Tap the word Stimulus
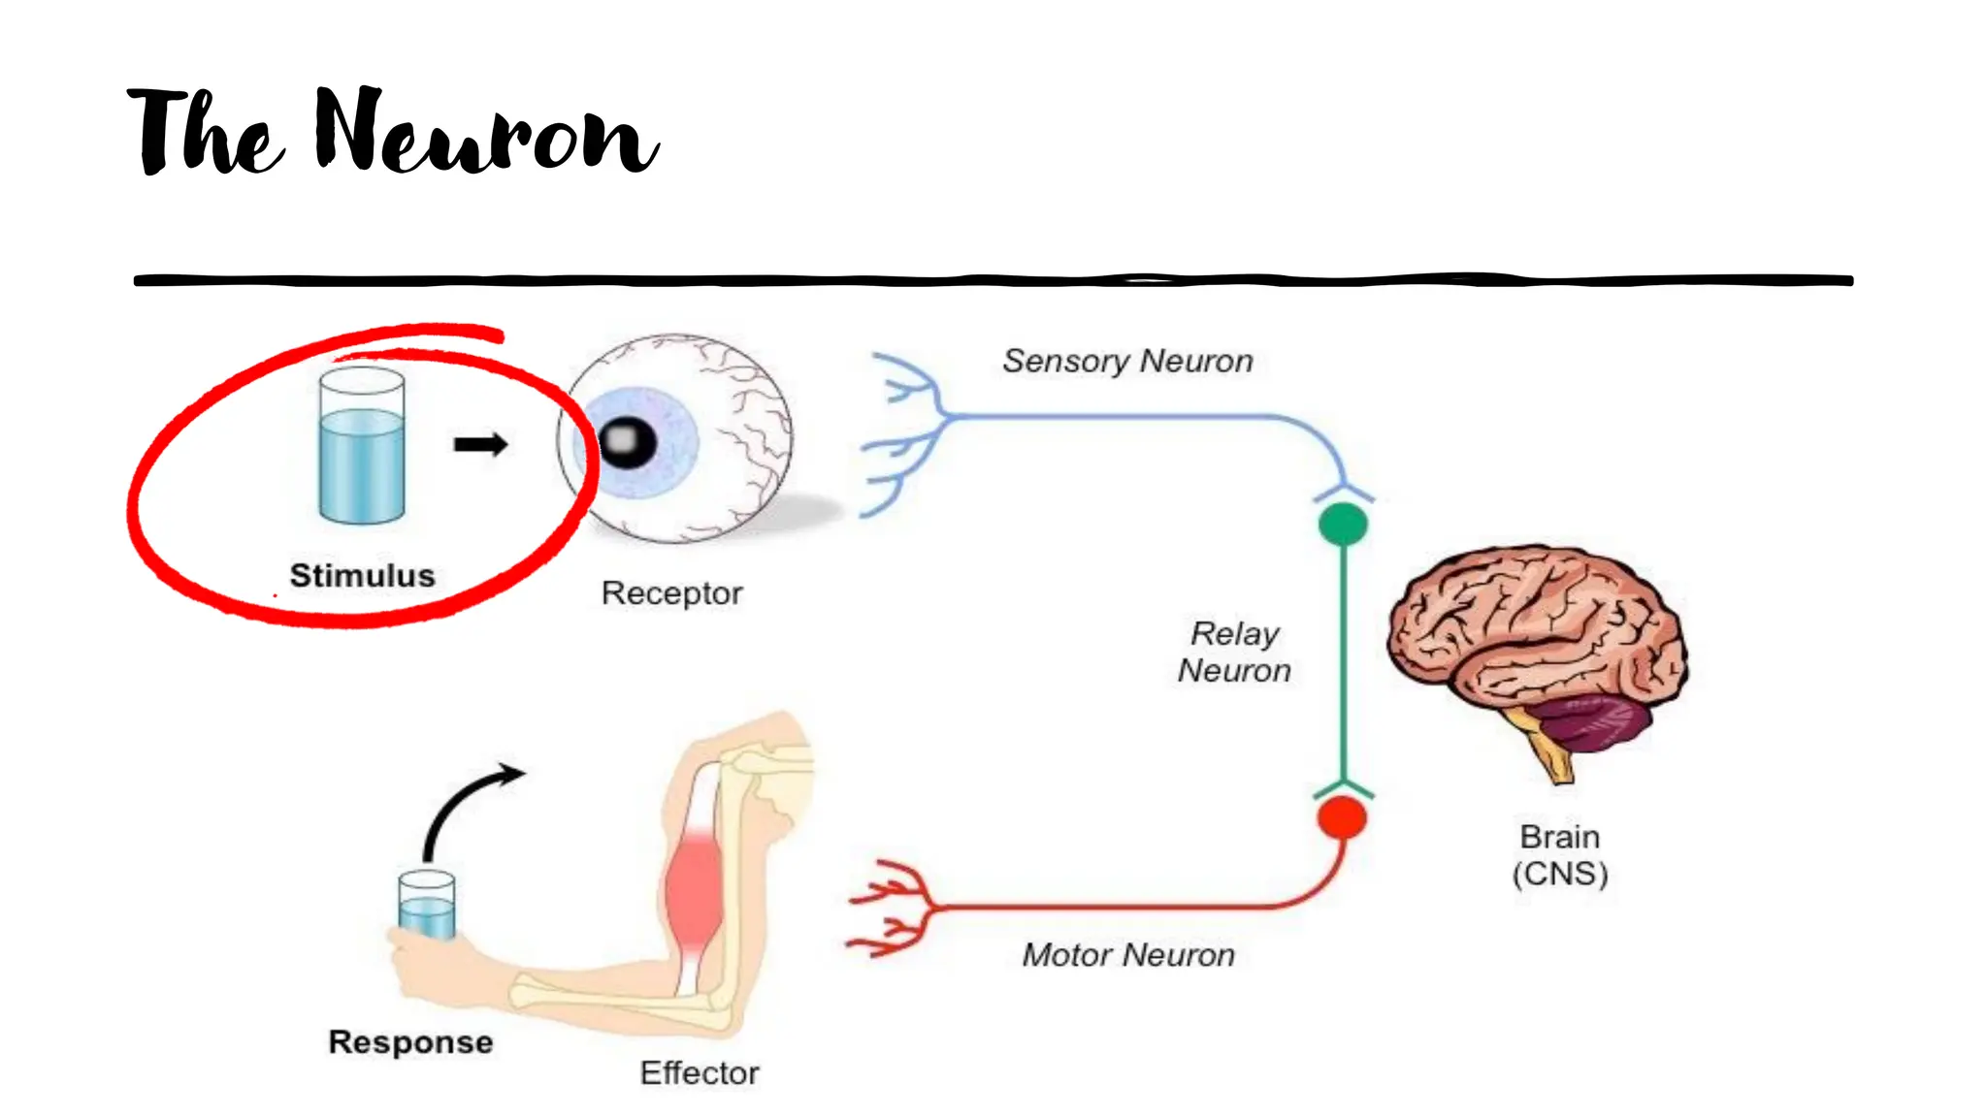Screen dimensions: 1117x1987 click(x=362, y=575)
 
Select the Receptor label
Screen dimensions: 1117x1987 click(x=671, y=592)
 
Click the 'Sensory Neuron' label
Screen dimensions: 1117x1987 click(x=1127, y=361)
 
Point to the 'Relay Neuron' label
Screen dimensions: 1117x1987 click(x=1234, y=652)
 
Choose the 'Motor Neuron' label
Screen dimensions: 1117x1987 click(x=1128, y=955)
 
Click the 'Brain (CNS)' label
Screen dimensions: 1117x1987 click(x=1559, y=855)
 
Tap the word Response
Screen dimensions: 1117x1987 click(x=410, y=1042)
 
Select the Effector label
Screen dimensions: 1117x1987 click(x=699, y=1072)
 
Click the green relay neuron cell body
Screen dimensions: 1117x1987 click(x=1343, y=525)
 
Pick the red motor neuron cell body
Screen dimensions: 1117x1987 click(x=1342, y=817)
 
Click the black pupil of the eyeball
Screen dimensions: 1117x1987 click(x=627, y=442)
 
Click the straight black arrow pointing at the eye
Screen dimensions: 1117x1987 click(x=480, y=444)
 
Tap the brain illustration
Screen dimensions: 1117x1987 click(x=1533, y=630)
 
